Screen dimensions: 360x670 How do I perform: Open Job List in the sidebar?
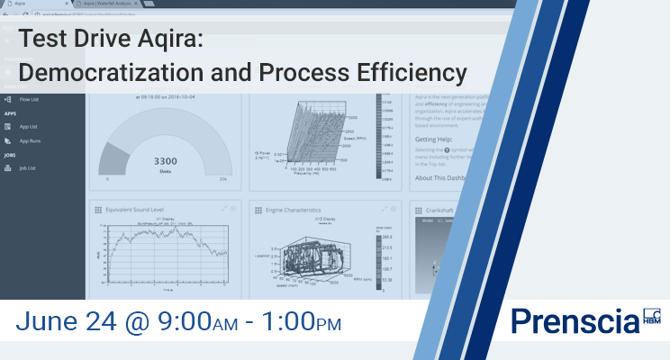pos(27,168)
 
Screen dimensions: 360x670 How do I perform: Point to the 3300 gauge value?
pos(163,161)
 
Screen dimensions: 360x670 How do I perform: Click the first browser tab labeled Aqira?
pos(36,4)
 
